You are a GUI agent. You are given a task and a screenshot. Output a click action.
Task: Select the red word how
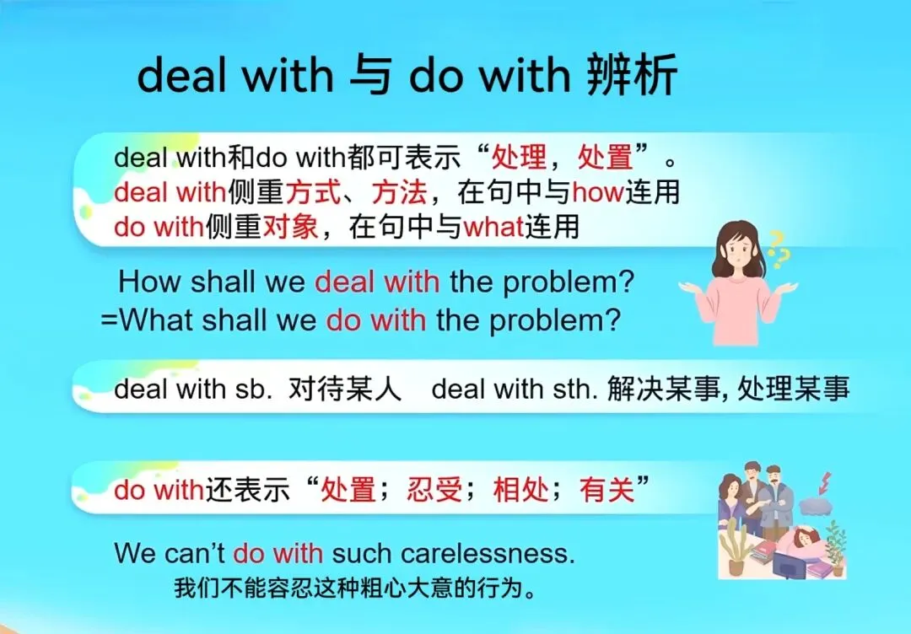(597, 193)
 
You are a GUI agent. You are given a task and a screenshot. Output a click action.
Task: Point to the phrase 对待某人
(345, 390)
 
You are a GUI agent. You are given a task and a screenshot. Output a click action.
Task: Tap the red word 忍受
(434, 490)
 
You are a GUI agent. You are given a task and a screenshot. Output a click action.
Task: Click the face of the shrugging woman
(740, 244)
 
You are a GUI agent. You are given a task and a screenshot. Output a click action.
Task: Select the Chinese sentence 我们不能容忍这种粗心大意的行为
(354, 588)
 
